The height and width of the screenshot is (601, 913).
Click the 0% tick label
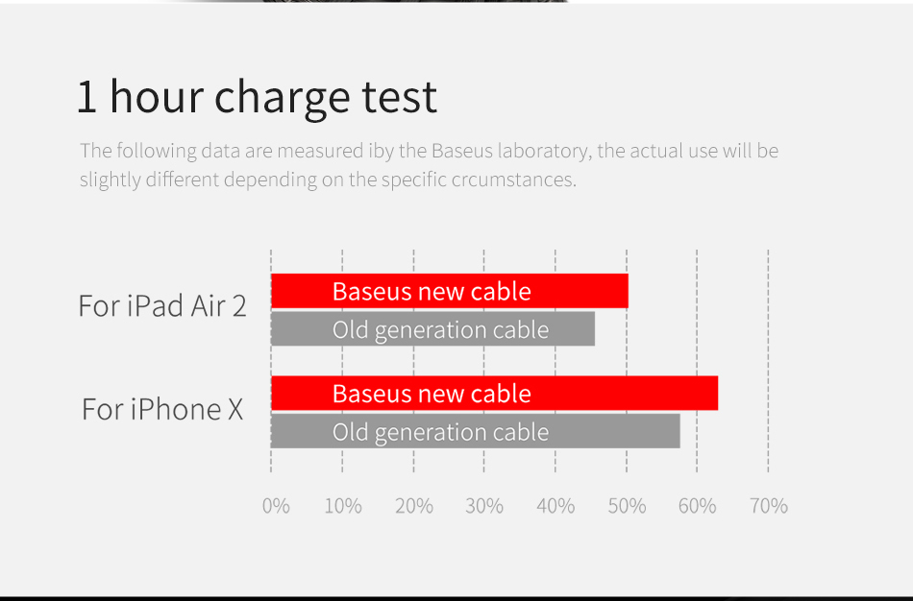(276, 506)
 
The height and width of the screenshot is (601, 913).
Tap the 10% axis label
(343, 506)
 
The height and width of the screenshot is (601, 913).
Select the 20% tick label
(414, 506)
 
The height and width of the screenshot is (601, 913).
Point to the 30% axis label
(484, 506)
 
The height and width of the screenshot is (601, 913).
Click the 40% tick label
(555, 506)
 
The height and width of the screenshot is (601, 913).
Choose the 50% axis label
(628, 506)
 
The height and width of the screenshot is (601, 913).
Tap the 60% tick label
(697, 506)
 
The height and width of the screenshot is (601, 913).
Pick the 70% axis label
(769, 506)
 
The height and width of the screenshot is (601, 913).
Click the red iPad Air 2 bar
(450, 291)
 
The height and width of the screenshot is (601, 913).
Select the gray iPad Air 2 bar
(433, 328)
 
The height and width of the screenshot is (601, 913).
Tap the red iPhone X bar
(494, 394)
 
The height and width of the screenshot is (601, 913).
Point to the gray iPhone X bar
(476, 431)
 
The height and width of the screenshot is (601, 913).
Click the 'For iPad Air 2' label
(162, 305)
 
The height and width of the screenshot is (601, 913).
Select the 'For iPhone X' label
(162, 409)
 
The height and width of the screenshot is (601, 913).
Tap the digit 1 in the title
(86, 97)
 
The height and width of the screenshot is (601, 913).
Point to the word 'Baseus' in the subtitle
(461, 151)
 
